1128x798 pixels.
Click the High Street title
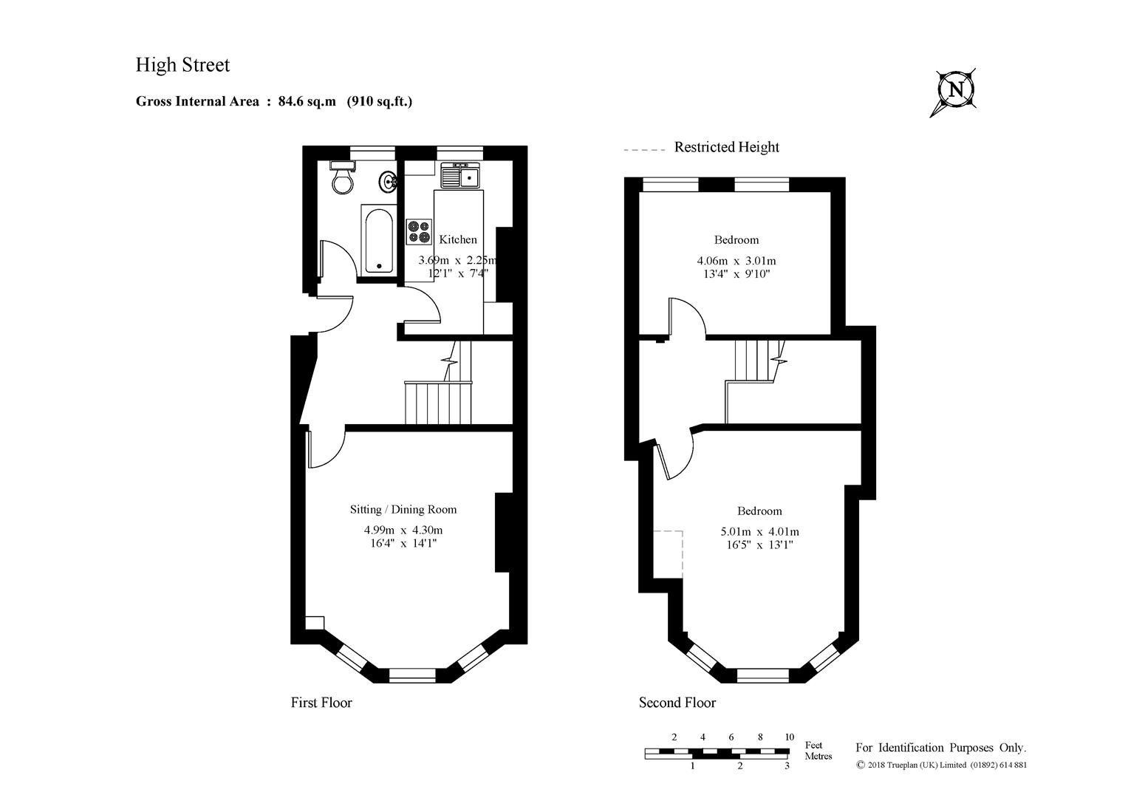[x=182, y=65]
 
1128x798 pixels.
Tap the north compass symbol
[x=955, y=90]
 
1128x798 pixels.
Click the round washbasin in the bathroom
[x=389, y=180]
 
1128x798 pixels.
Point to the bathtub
[x=379, y=241]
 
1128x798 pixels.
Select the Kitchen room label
[x=458, y=239]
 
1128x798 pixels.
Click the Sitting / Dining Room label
[x=403, y=509]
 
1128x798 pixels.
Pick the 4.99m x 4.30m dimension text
[x=403, y=530]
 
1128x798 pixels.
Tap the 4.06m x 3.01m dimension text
[x=736, y=260]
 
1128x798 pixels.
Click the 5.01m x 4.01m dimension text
[x=759, y=531]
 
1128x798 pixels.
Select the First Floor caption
[x=321, y=703]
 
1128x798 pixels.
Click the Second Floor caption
[x=677, y=703]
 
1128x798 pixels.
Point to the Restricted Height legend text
[x=726, y=147]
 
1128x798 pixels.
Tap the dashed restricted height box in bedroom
[x=668, y=553]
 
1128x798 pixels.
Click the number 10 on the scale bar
[x=789, y=737]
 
